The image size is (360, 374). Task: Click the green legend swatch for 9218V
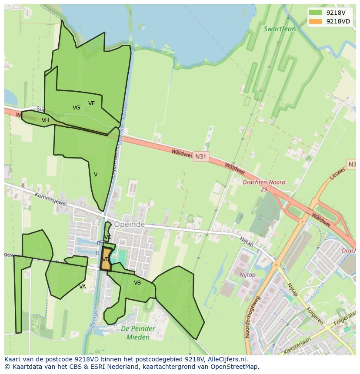(315, 13)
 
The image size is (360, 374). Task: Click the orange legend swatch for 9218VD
(315, 21)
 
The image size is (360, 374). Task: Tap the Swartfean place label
(280, 29)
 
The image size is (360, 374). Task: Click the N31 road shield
(200, 156)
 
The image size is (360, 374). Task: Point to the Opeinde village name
(129, 225)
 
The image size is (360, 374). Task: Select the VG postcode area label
(77, 108)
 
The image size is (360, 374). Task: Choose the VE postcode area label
(91, 103)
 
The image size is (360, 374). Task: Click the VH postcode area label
(45, 120)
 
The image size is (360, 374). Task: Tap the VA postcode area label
(83, 287)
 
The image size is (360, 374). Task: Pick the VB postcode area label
(137, 283)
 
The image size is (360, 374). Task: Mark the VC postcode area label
(108, 237)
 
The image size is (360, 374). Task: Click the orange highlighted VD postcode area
(106, 260)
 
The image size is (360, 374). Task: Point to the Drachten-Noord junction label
(264, 183)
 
